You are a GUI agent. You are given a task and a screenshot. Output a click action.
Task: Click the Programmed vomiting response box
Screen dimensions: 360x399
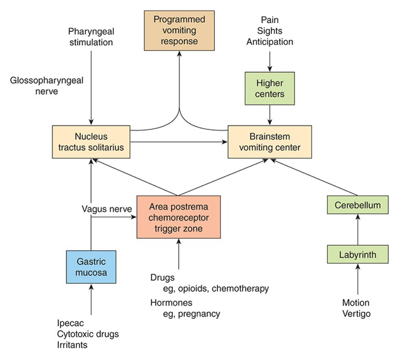[179, 31]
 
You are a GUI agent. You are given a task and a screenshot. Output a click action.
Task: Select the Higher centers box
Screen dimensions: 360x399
[270, 89]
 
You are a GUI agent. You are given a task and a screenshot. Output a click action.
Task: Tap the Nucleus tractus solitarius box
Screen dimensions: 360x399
[91, 142]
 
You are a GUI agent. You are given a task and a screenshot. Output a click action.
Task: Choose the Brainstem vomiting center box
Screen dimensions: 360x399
[270, 142]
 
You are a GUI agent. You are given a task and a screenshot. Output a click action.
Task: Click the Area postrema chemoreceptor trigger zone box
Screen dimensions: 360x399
[179, 217]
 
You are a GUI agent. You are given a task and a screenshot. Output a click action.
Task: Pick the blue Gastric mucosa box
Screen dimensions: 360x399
[91, 267]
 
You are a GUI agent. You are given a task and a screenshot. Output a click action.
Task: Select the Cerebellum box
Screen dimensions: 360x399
[358, 205]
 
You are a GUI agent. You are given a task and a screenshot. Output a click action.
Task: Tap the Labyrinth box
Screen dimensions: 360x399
[358, 255]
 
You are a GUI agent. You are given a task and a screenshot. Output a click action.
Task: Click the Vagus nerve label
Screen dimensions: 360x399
[107, 209]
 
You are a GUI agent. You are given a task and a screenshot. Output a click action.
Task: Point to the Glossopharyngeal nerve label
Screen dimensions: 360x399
[47, 86]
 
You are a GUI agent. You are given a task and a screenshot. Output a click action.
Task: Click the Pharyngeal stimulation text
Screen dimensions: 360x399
[91, 37]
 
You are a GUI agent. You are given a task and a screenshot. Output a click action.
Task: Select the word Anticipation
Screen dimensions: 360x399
[270, 42]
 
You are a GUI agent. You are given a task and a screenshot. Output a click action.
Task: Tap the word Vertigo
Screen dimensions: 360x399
[356, 314]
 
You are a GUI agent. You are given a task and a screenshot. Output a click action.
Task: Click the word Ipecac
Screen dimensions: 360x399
[70, 323]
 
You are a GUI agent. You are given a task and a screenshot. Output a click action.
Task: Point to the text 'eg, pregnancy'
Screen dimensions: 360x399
[191, 314]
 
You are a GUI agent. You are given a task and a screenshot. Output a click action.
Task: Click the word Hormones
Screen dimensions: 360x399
[171, 303]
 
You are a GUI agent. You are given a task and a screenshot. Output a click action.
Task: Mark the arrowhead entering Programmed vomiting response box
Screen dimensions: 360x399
[179, 54]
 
